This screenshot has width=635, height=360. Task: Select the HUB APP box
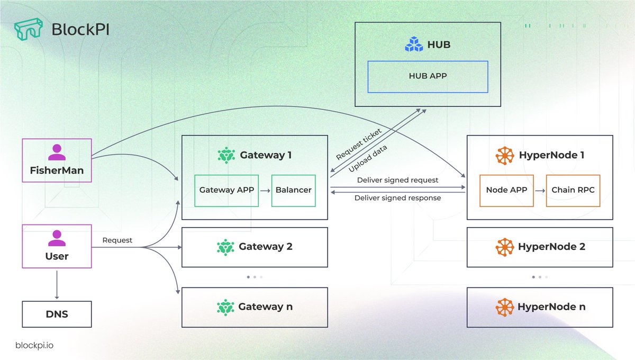(x=428, y=76)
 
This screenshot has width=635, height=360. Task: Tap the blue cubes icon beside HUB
(x=414, y=44)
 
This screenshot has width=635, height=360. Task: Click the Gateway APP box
(x=226, y=190)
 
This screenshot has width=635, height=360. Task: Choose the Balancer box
(x=293, y=190)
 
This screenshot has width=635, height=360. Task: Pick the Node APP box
(x=506, y=190)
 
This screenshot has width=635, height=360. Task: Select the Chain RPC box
(x=573, y=190)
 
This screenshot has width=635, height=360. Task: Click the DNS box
(x=57, y=314)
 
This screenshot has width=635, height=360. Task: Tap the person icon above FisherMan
(x=57, y=152)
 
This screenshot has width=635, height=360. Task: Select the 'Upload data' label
(x=368, y=158)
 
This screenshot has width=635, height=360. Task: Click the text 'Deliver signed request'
(x=397, y=180)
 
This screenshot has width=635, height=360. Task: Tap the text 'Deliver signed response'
(x=397, y=198)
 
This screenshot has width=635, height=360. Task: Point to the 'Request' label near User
(x=117, y=240)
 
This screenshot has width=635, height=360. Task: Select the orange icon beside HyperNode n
(x=504, y=307)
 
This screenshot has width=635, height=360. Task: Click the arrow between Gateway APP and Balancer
(x=265, y=190)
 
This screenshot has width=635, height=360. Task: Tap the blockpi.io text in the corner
(x=34, y=345)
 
